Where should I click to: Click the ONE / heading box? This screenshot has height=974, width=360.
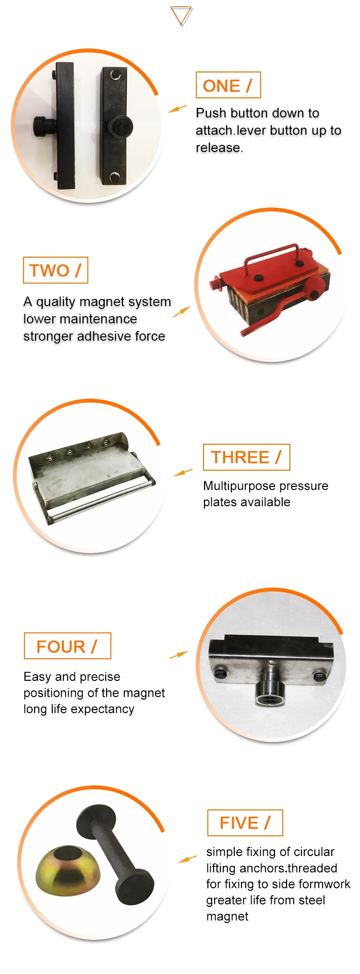click(x=228, y=85)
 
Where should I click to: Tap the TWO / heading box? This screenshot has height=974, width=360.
click(x=55, y=270)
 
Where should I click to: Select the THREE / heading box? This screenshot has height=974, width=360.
click(x=246, y=457)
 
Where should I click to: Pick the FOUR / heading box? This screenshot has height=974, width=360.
click(x=67, y=646)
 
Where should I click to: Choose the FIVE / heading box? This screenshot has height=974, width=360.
click(x=245, y=823)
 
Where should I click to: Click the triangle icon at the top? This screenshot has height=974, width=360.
click(x=181, y=16)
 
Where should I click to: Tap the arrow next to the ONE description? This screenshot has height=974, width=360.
click(x=177, y=109)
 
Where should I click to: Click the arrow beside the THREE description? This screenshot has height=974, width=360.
click(x=183, y=473)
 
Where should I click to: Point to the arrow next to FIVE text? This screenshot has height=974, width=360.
click(x=187, y=859)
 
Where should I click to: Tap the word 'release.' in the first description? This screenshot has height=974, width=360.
click(x=219, y=148)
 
